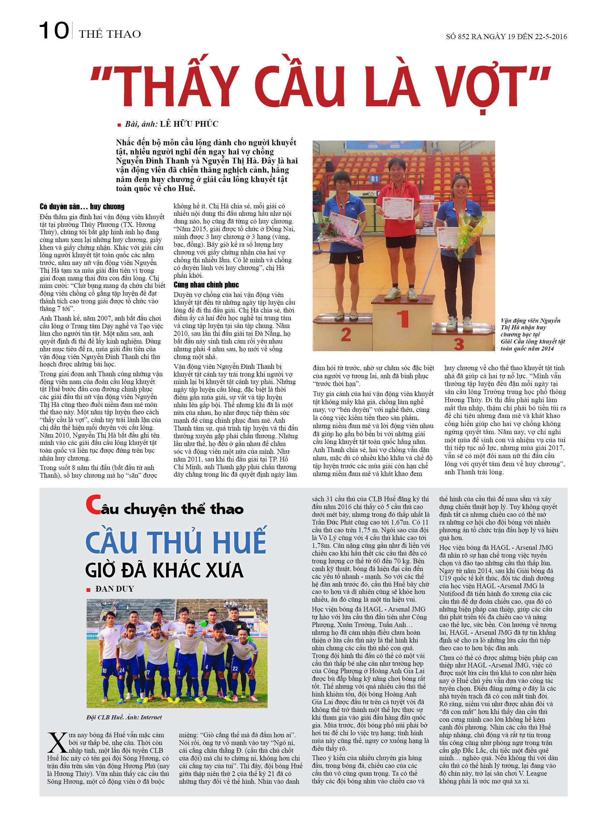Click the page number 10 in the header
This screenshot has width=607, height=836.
pyautogui.click(x=54, y=31)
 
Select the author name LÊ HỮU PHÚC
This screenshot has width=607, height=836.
pyautogui.click(x=189, y=124)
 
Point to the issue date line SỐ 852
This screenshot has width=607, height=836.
pyautogui.click(x=506, y=36)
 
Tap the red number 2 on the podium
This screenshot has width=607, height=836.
pyautogui.click(x=346, y=335)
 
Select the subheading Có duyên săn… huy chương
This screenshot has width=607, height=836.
pyautogui.click(x=82, y=206)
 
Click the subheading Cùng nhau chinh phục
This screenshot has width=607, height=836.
pyautogui.click(x=206, y=285)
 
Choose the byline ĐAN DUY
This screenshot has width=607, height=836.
pyautogui.click(x=114, y=589)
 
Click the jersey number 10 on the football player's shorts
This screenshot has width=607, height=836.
pyautogui.click(x=104, y=670)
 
